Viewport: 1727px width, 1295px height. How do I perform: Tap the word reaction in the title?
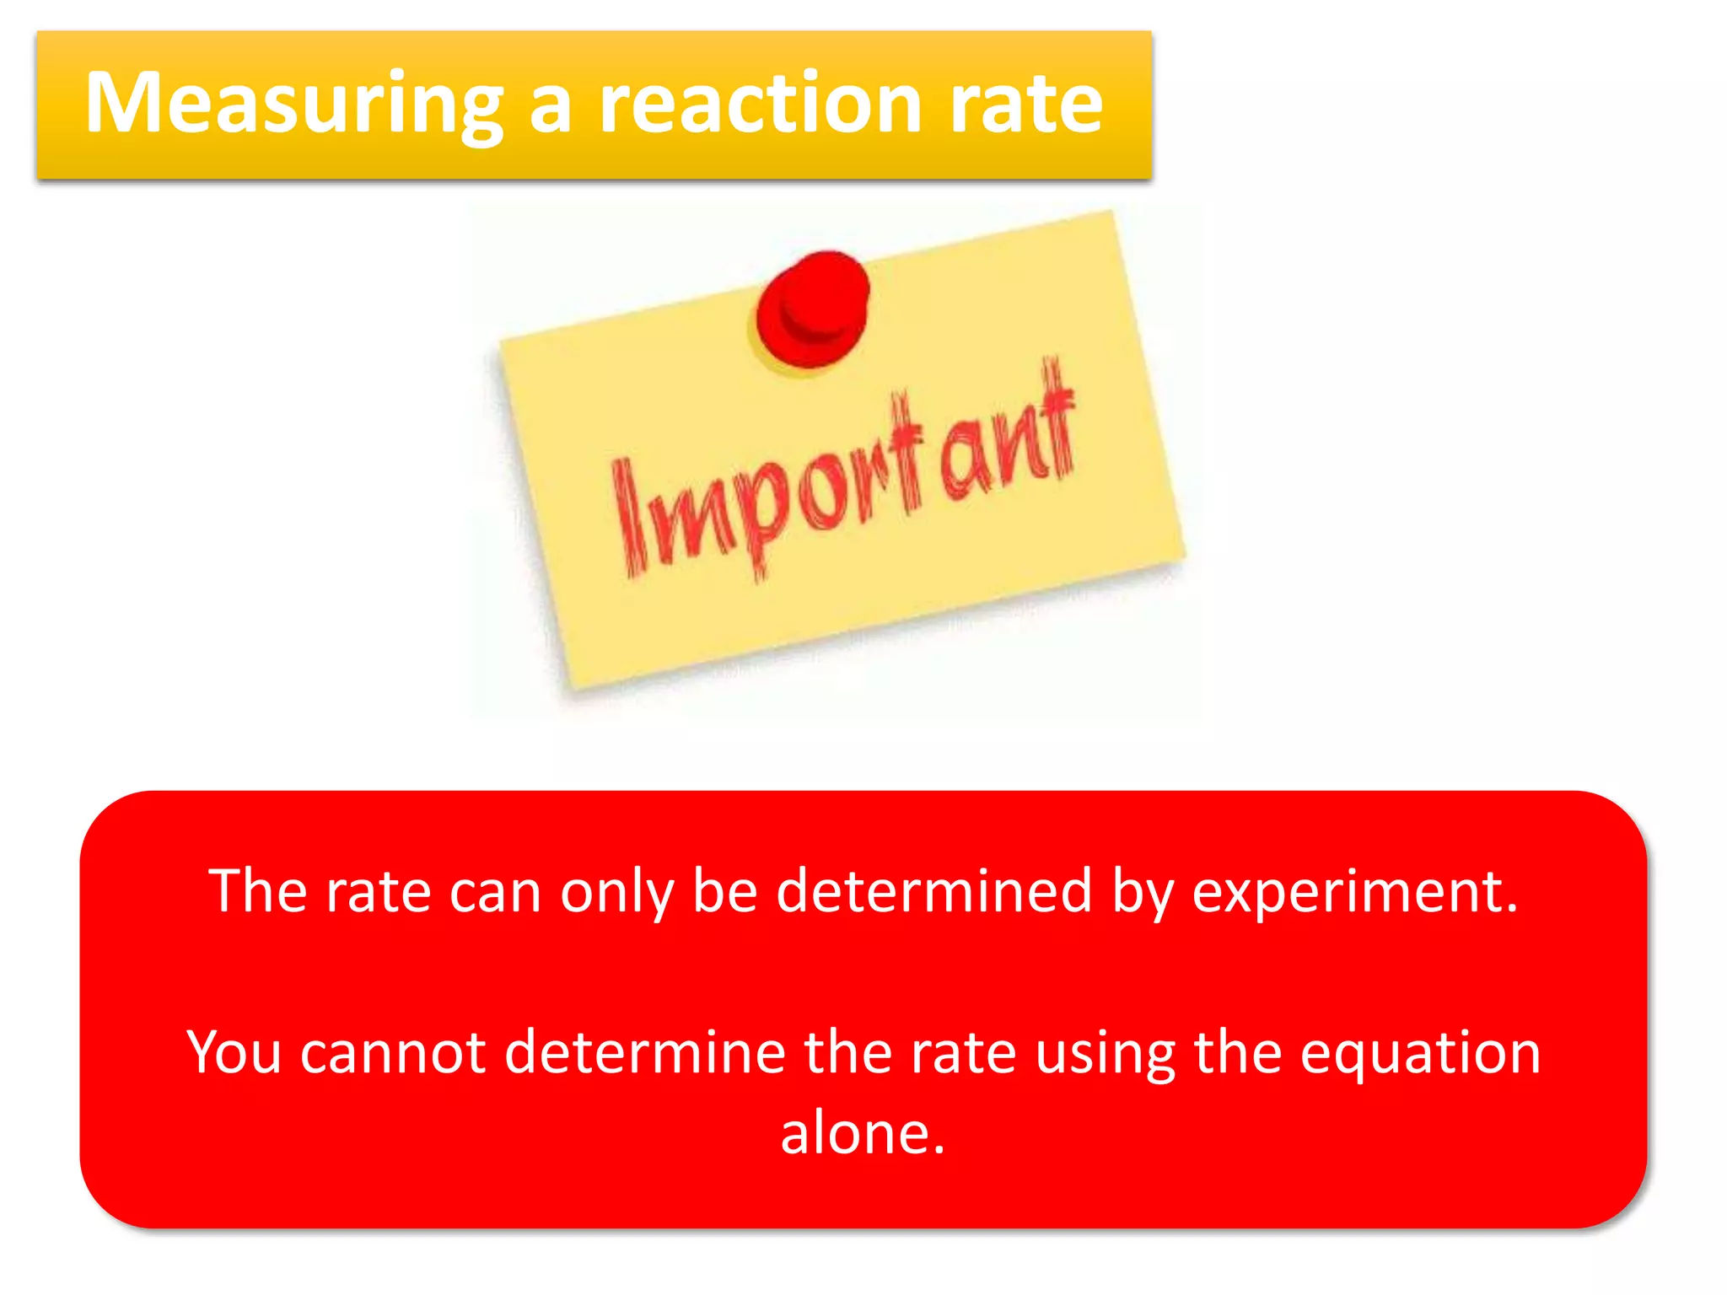pyautogui.click(x=760, y=105)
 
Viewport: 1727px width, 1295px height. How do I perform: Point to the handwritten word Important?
pyautogui.click(x=843, y=472)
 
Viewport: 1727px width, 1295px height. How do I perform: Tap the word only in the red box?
pyautogui.click(x=617, y=891)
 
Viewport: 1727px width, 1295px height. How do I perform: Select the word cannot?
pyautogui.click(x=393, y=1053)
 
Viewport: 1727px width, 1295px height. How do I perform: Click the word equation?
pyautogui.click(x=1421, y=1053)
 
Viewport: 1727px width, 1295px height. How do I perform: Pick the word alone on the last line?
pyautogui.click(x=862, y=1133)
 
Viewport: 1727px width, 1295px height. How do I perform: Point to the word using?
pyautogui.click(x=1105, y=1053)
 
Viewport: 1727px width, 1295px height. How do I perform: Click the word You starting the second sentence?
pyautogui.click(x=234, y=1053)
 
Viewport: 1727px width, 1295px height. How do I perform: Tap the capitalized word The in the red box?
pyautogui.click(x=258, y=891)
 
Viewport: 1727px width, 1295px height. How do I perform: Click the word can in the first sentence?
pyautogui.click(x=495, y=891)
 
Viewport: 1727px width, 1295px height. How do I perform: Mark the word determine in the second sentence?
pyautogui.click(x=645, y=1053)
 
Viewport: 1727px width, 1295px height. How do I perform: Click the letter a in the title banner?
pyautogui.click(x=551, y=105)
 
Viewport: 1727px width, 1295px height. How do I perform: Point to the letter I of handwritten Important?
pyautogui.click(x=627, y=519)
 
